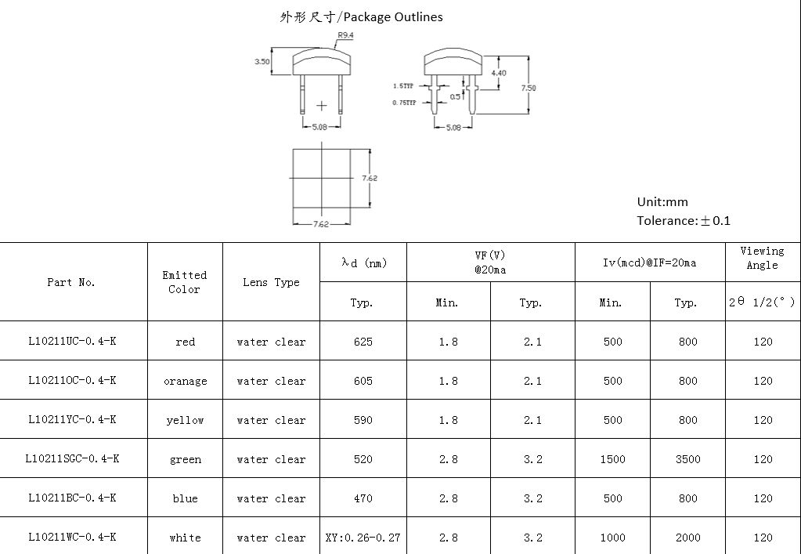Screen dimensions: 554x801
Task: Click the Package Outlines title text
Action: pos(361,16)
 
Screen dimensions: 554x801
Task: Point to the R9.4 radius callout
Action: pos(345,35)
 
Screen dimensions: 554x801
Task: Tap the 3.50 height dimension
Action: pos(262,62)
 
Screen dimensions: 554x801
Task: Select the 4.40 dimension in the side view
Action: pos(498,73)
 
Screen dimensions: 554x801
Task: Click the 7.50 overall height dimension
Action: pos(529,89)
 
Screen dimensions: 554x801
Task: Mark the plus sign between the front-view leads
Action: pos(322,105)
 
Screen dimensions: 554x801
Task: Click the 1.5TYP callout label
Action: pos(403,86)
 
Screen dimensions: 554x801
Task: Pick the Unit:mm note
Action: pos(662,201)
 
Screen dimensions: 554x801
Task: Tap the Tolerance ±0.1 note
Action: pos(683,220)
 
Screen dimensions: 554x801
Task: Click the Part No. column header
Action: pos(71,282)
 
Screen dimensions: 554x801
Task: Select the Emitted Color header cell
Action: pos(185,282)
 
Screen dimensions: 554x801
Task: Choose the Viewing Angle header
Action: pos(762,258)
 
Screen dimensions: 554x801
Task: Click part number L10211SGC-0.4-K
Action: pos(73,459)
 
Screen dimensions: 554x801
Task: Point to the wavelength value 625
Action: pos(363,342)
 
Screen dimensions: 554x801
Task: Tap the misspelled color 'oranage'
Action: pos(186,382)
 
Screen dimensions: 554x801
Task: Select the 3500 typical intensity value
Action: pos(687,459)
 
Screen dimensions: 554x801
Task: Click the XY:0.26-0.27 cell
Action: pos(363,538)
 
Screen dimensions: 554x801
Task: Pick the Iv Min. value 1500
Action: pos(612,459)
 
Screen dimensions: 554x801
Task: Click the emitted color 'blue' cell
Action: pos(186,498)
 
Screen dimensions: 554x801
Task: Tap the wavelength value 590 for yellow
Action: pos(363,420)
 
